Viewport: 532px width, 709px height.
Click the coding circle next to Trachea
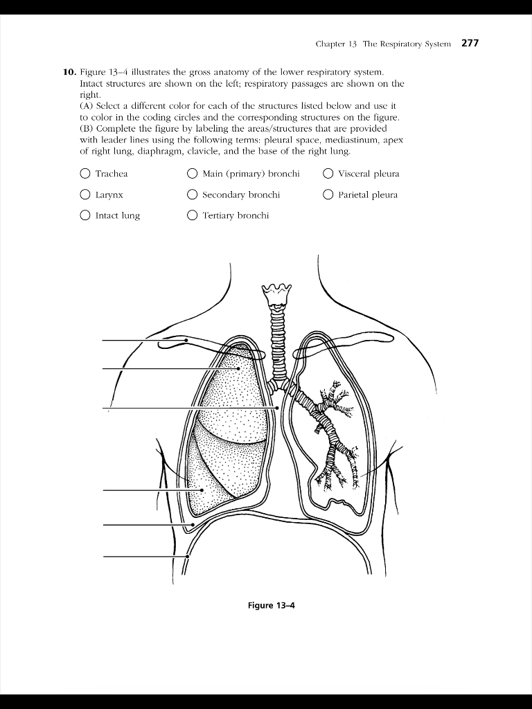(x=85, y=174)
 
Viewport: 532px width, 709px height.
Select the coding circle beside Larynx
(x=85, y=195)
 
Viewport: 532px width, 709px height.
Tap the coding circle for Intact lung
(x=85, y=215)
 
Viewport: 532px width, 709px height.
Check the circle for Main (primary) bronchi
(x=192, y=174)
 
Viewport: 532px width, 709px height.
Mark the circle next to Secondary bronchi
(x=192, y=195)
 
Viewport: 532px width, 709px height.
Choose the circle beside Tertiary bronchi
(x=192, y=215)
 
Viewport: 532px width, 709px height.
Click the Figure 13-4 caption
(x=271, y=605)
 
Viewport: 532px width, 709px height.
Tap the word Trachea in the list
(x=112, y=174)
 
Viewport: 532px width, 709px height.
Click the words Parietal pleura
(x=368, y=195)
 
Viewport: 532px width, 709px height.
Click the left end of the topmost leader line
(x=105, y=340)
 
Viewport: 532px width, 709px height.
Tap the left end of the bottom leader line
(x=105, y=556)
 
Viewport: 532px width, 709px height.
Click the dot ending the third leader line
(x=277, y=408)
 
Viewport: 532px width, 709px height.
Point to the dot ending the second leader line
(x=238, y=368)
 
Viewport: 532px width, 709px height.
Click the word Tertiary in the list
(x=218, y=215)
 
